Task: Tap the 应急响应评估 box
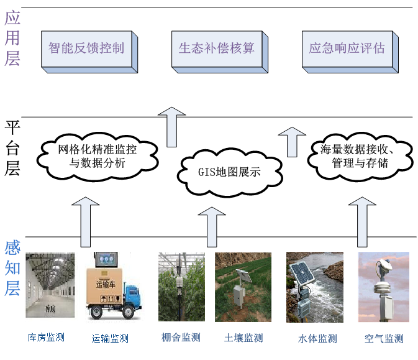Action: (347, 48)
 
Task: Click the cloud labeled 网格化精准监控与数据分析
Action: (97, 156)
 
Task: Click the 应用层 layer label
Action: (12, 39)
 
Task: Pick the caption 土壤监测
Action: (243, 338)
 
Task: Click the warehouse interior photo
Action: (50, 285)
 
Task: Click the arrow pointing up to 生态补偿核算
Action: (171, 128)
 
